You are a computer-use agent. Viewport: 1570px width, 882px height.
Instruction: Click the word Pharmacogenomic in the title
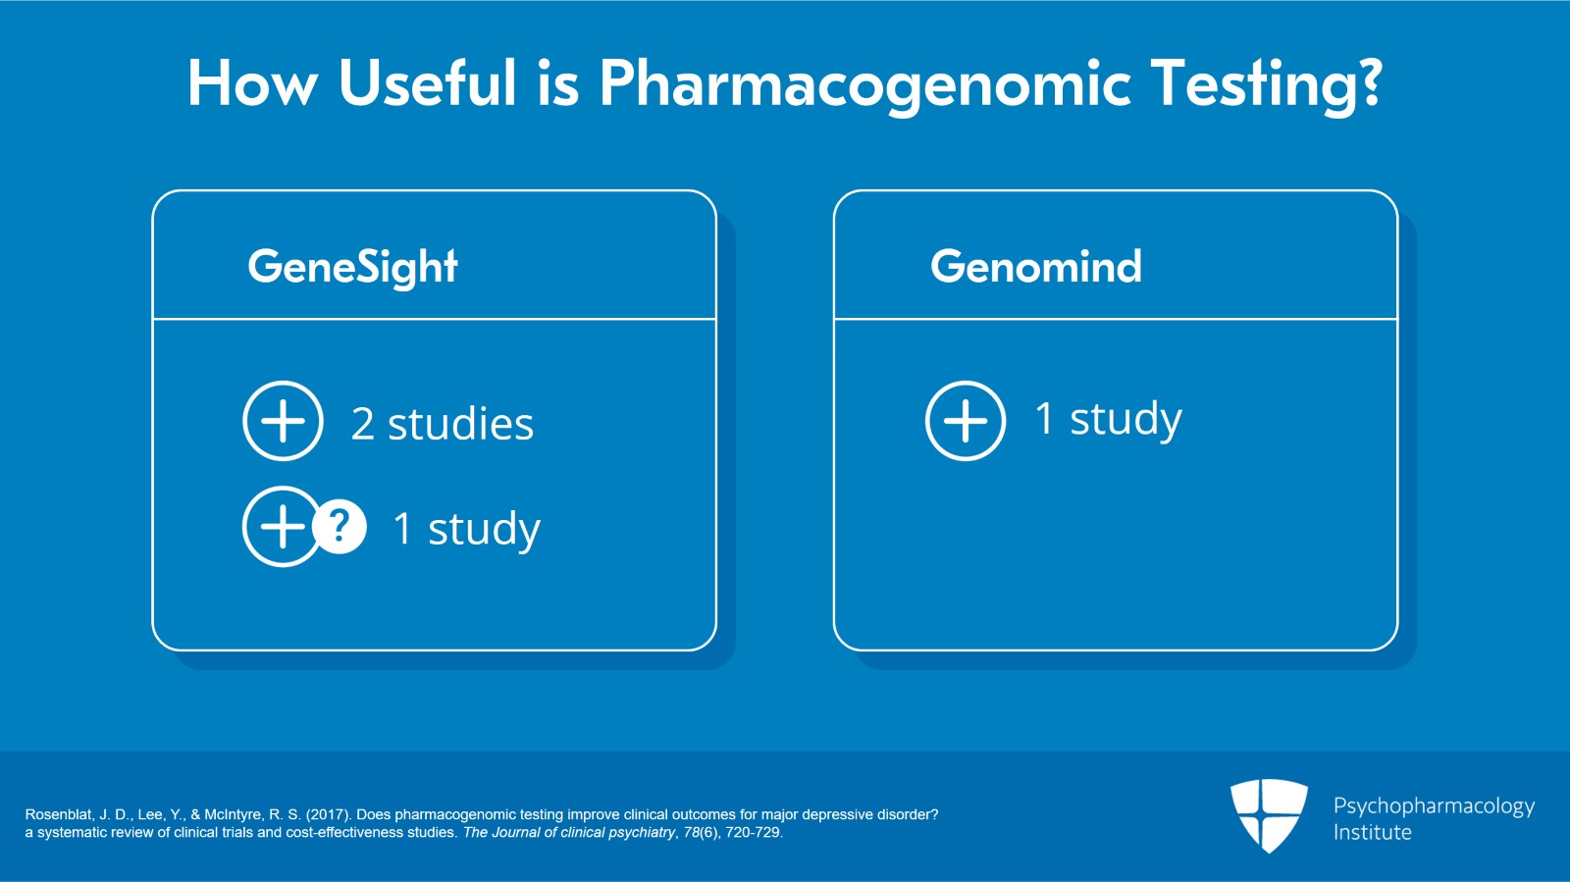[x=863, y=83]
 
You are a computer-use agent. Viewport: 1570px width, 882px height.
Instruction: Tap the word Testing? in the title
[x=1266, y=83]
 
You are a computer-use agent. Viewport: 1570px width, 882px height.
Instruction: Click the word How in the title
[x=252, y=83]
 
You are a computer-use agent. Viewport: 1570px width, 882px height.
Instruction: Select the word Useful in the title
[x=427, y=83]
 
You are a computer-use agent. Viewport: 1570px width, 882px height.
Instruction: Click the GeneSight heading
[x=352, y=267]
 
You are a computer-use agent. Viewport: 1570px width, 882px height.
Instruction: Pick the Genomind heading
[x=1036, y=267]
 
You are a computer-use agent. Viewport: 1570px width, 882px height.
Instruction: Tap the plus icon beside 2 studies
[x=283, y=421]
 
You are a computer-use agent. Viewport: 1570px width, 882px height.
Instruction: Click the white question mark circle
[x=340, y=527]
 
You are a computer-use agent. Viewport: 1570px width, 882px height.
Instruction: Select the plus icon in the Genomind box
[x=966, y=421]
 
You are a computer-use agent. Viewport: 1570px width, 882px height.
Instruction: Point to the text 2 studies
[x=443, y=424]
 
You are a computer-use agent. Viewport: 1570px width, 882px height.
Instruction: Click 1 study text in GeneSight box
[x=466, y=529]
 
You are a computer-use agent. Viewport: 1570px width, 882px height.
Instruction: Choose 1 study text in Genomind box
[x=1108, y=419]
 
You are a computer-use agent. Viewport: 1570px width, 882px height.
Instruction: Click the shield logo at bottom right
[x=1269, y=814]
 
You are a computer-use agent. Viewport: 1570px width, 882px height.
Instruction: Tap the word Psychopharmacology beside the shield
[x=1434, y=805]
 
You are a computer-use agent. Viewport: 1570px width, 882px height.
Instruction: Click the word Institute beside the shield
[x=1372, y=832]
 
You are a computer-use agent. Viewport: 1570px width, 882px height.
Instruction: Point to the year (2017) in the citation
[x=328, y=814]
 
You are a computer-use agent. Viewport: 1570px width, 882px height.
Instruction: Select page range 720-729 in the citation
[x=753, y=832]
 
